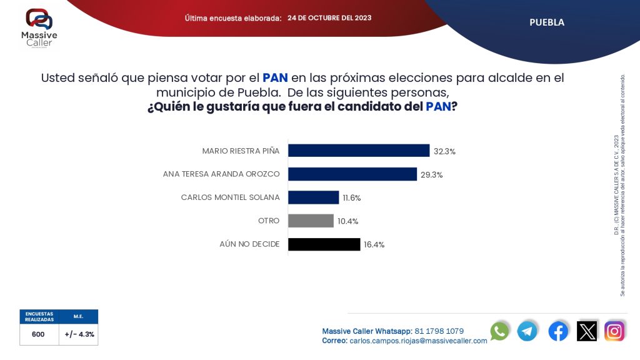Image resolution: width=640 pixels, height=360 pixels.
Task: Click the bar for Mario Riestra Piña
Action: coord(359,151)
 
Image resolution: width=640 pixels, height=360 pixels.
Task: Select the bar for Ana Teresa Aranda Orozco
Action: coord(352,174)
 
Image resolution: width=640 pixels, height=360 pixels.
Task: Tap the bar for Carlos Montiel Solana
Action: coord(313,197)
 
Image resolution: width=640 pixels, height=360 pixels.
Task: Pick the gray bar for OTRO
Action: coord(311,221)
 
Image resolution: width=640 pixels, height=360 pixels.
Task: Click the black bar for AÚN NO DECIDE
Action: coord(324,244)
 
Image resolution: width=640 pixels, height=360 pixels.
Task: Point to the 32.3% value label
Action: coord(445,151)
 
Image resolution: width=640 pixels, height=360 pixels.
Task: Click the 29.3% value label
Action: coord(431,175)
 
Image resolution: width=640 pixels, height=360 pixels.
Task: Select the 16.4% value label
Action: coord(374,245)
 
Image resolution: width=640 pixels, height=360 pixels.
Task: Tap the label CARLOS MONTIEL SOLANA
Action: coord(230,197)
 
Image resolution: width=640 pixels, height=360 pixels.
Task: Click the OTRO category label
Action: coord(269,221)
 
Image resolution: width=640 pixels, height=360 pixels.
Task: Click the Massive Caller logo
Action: coord(39,27)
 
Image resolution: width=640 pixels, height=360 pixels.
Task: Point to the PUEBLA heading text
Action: coord(547,22)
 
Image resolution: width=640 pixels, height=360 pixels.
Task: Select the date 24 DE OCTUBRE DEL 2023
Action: coord(329,18)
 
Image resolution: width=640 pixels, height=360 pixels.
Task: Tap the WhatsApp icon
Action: coord(500,331)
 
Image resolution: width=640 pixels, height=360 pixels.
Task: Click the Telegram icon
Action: coord(527,331)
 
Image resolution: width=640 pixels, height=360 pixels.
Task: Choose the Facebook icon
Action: coord(558,331)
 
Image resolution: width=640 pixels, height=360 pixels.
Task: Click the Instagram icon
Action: coord(614,331)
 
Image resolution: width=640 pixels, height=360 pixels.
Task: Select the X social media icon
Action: coord(587,331)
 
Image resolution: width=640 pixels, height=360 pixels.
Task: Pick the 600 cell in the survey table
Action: coord(39,334)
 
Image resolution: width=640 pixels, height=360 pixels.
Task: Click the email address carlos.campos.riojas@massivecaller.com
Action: coord(418,341)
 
